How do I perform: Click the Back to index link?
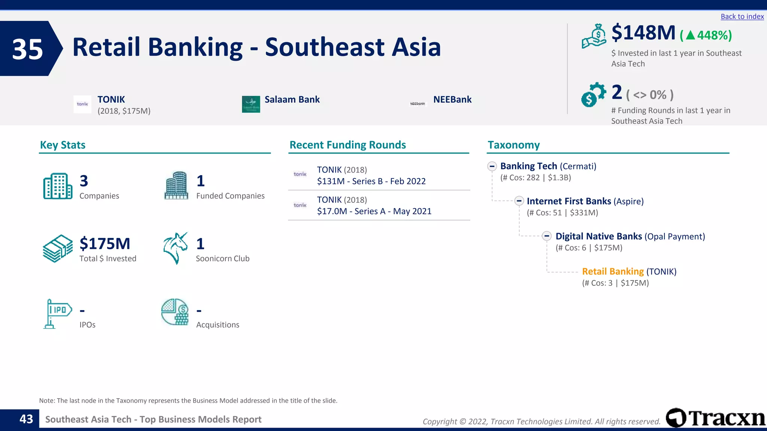tap(742, 16)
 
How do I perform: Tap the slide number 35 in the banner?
tap(28, 49)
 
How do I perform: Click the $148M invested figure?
tap(643, 33)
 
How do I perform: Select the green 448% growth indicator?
tap(706, 36)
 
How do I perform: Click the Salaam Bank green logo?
tap(251, 104)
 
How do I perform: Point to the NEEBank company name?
tap(452, 100)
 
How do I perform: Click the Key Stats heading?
tap(63, 145)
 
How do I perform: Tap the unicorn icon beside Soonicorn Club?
tap(175, 248)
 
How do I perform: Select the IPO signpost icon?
tap(57, 314)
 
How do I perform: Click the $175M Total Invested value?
tap(105, 244)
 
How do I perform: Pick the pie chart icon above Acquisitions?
tap(175, 312)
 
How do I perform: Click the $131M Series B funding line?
tap(371, 181)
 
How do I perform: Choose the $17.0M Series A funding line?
tap(374, 211)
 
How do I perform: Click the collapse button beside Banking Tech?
tap(492, 166)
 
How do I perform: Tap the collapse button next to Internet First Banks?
tap(519, 201)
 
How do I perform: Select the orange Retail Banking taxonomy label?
tap(613, 272)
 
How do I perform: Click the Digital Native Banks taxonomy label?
tap(598, 236)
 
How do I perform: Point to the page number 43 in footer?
tap(26, 419)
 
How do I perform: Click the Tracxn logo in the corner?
tap(715, 418)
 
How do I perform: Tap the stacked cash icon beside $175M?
tap(58, 248)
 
